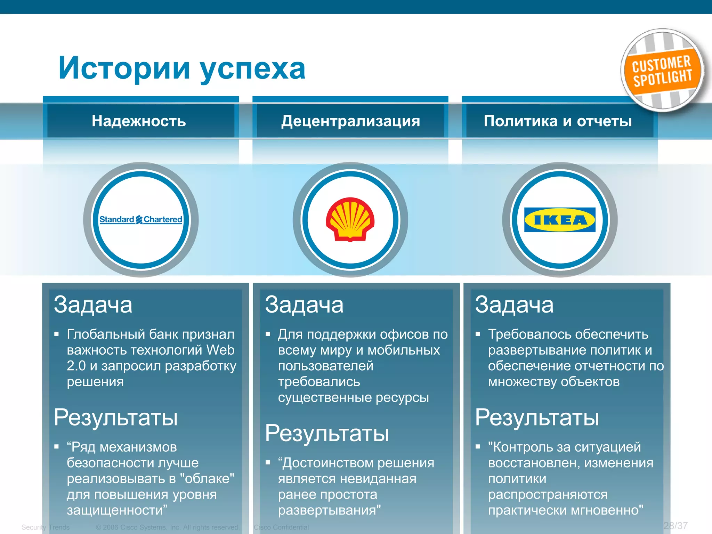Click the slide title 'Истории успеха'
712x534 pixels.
pos(182,68)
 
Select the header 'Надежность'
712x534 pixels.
pos(139,121)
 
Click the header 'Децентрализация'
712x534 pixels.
pos(350,121)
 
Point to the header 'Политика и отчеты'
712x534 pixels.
pos(558,121)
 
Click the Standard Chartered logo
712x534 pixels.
pos(141,220)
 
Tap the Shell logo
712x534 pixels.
pos(350,219)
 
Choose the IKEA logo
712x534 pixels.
pos(560,220)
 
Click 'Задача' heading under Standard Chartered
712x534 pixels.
pos(93,305)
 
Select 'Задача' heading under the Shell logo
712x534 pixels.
pos(304,305)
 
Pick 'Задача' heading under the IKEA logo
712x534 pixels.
pos(514,305)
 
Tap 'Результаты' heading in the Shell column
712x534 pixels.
pos(327,433)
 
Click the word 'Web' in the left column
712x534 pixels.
pos(220,350)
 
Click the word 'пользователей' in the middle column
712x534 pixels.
pos(325,366)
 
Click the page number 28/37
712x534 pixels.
pos(675,526)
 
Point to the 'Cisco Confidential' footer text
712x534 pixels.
pos(281,527)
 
